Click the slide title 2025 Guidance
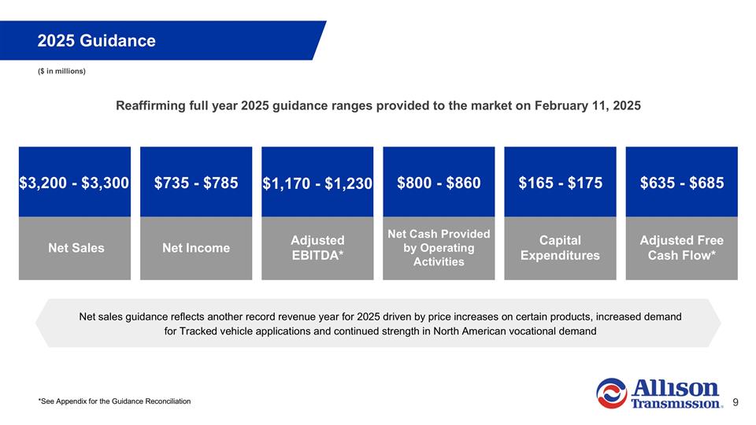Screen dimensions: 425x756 coord(96,40)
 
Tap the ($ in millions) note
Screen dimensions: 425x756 coord(61,72)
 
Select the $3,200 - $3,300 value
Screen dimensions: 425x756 coord(74,183)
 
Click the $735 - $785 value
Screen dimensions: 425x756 coord(196,183)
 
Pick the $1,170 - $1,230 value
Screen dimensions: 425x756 coord(317,183)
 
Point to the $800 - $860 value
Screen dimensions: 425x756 coord(439,183)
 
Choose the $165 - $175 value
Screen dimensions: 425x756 coord(560,183)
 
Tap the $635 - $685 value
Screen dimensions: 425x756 coord(681,183)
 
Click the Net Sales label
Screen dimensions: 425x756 coord(74,248)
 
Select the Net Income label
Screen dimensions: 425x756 coord(196,248)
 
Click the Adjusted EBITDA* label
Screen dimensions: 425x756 coord(317,248)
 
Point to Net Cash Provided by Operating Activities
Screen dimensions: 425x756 coord(439,248)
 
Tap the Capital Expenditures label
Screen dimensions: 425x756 coord(560,248)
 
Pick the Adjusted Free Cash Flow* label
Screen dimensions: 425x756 coord(681,248)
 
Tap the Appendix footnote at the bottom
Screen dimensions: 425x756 coord(114,401)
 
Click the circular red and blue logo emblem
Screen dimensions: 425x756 coord(611,394)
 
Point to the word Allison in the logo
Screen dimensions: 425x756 coord(675,388)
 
